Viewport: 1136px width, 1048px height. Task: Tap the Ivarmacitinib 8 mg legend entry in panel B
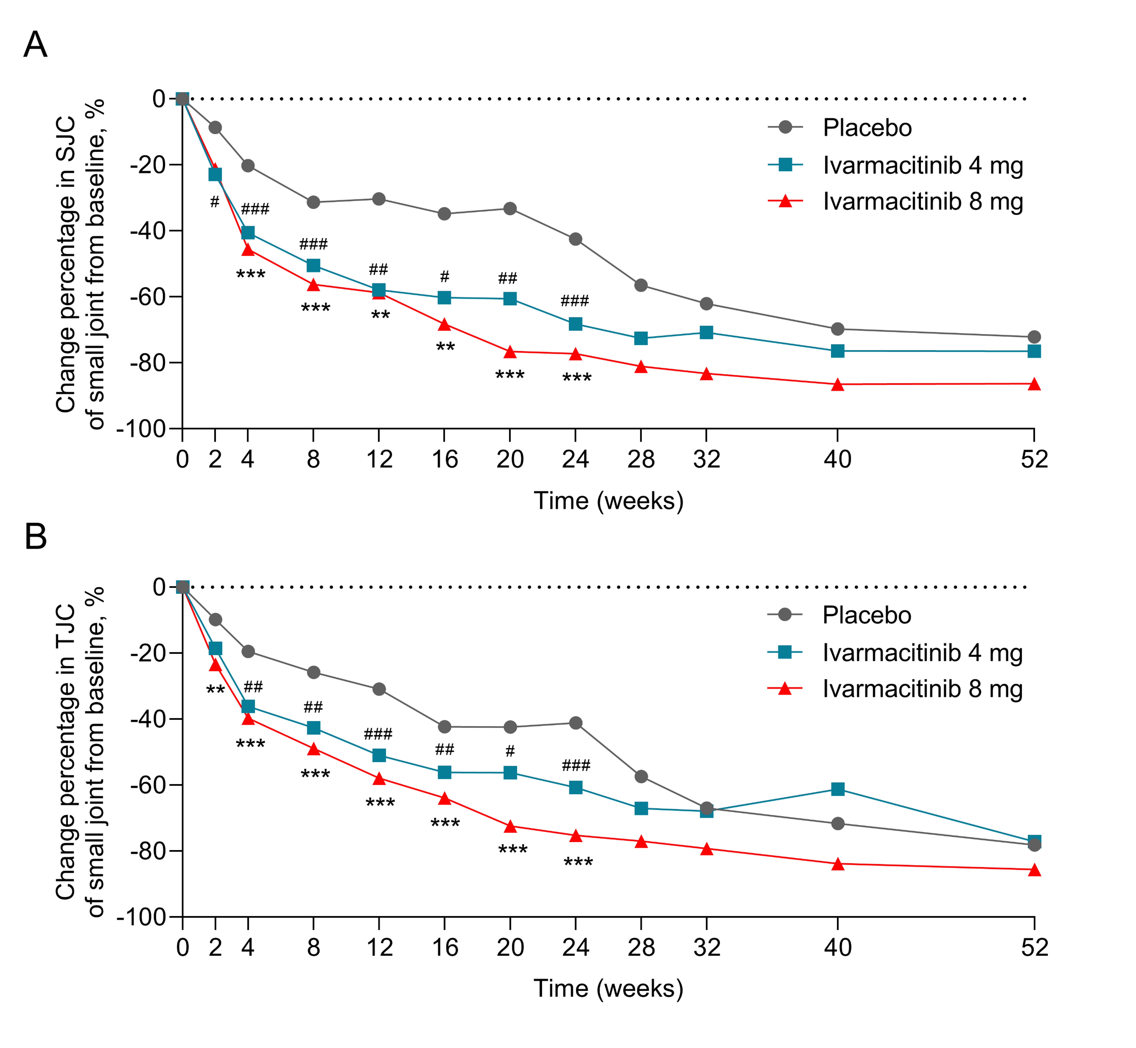click(x=922, y=689)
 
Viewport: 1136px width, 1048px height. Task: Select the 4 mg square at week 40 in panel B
click(x=837, y=789)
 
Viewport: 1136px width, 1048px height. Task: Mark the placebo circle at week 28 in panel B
click(x=641, y=776)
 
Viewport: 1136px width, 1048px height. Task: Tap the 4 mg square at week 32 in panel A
click(x=706, y=332)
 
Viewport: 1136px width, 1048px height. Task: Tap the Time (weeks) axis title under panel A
click(x=608, y=501)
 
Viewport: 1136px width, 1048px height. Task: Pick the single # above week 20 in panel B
click(x=510, y=751)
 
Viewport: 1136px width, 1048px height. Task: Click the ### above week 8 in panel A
click(x=313, y=244)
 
